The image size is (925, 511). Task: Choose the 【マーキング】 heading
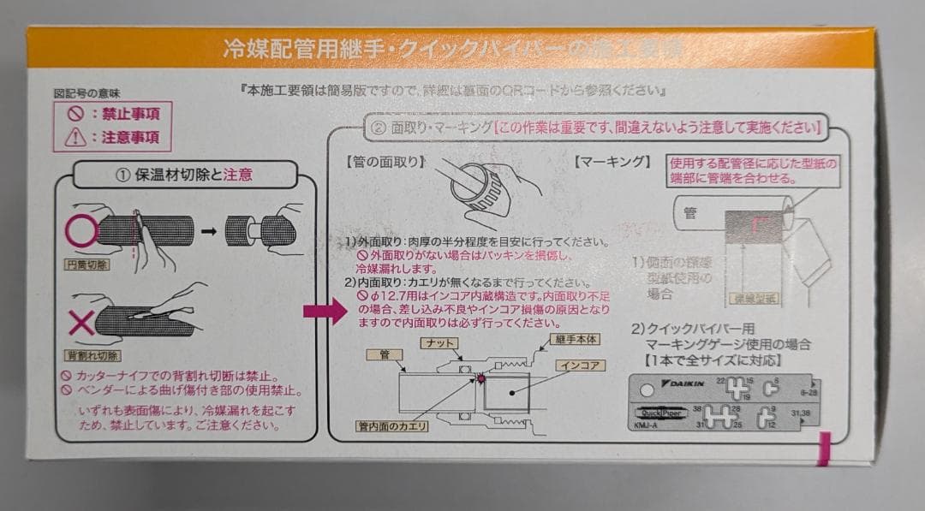click(612, 160)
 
